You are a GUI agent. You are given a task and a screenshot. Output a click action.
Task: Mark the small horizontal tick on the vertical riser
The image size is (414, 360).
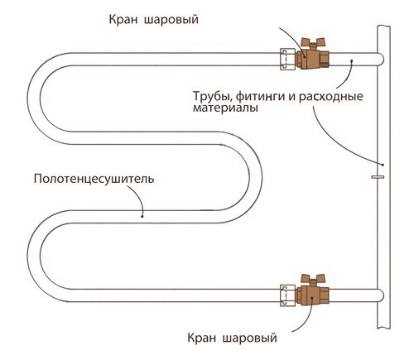(378, 175)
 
